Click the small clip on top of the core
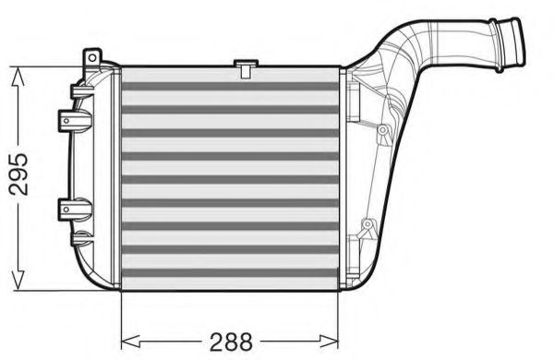[245, 66]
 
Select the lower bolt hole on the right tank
[367, 223]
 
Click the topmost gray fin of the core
[231, 86]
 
